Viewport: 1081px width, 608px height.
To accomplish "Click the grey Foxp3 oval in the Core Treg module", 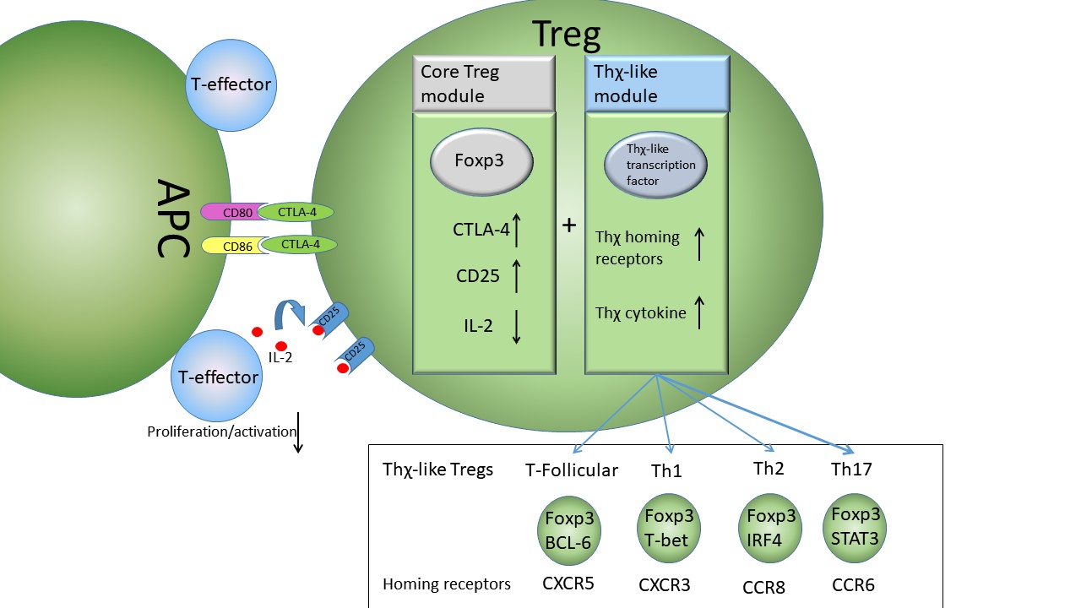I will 482,160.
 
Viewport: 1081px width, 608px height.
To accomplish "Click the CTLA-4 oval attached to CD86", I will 299,245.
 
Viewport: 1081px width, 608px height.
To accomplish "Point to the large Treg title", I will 566,34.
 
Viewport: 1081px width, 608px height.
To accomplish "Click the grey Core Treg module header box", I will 483,84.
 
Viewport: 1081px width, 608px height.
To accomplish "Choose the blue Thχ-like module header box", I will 656,84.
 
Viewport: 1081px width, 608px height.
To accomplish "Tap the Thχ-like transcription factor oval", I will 656,166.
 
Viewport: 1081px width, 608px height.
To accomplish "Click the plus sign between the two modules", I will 569,225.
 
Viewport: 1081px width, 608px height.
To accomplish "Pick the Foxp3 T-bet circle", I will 668,528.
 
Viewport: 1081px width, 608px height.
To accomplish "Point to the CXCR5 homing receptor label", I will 568,583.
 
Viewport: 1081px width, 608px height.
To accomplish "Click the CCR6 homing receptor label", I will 853,584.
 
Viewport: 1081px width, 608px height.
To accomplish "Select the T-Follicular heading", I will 572,470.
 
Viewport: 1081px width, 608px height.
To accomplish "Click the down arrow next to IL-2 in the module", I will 516,327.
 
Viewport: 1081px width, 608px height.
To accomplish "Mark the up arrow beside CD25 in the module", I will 516,276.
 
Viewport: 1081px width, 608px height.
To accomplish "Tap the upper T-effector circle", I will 231,85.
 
